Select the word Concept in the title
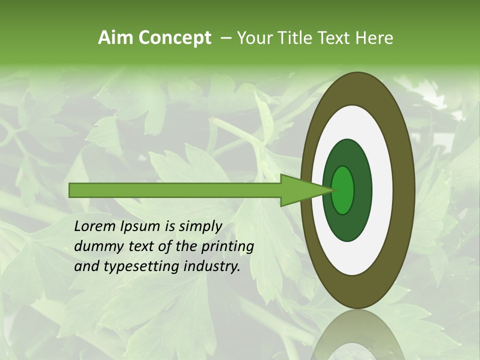coord(174,38)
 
